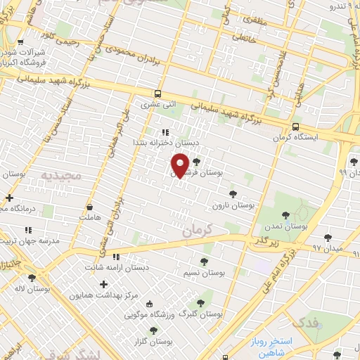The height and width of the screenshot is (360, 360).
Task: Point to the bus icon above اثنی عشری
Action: tap(158, 94)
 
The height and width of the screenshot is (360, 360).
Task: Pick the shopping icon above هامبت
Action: tap(90, 207)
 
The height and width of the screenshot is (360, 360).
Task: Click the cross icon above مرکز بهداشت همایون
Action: tap(104, 285)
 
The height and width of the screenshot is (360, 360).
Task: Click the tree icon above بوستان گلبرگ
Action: tap(200, 303)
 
